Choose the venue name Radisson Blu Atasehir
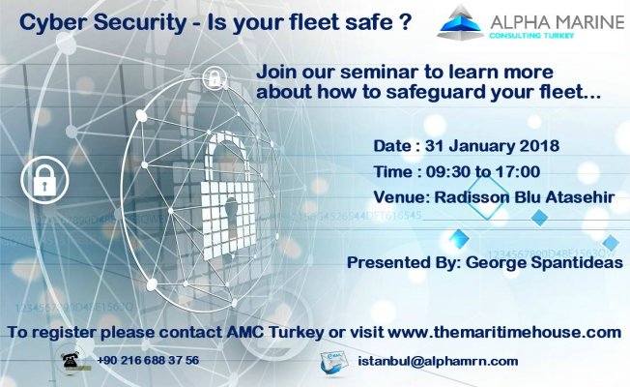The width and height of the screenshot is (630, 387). [x=521, y=197]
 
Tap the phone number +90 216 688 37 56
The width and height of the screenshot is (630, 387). [x=148, y=361]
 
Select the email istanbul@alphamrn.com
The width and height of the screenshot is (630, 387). [x=438, y=361]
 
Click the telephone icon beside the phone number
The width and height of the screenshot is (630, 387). [x=71, y=360]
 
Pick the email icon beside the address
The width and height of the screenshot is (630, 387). [x=332, y=360]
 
